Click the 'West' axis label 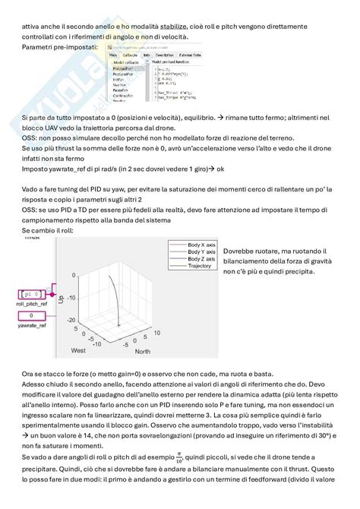point(78,351)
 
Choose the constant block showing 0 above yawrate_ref point(31,315)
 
